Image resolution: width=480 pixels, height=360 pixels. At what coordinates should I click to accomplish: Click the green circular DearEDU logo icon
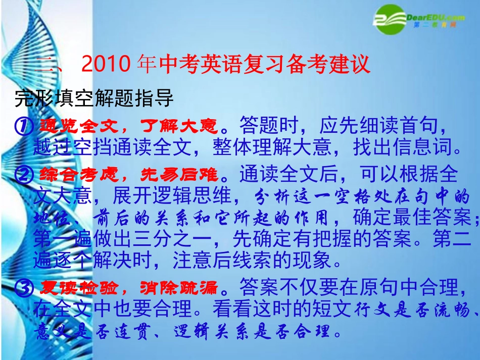(390, 20)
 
